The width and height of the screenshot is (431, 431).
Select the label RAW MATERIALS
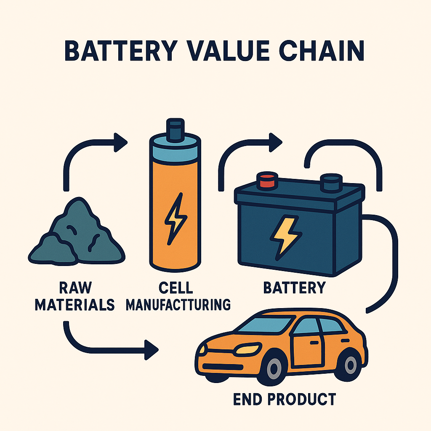click(75, 296)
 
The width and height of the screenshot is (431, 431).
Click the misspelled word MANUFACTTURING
click(178, 303)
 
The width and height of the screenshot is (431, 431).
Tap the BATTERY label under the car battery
click(295, 287)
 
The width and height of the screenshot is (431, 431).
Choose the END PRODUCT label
click(285, 399)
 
